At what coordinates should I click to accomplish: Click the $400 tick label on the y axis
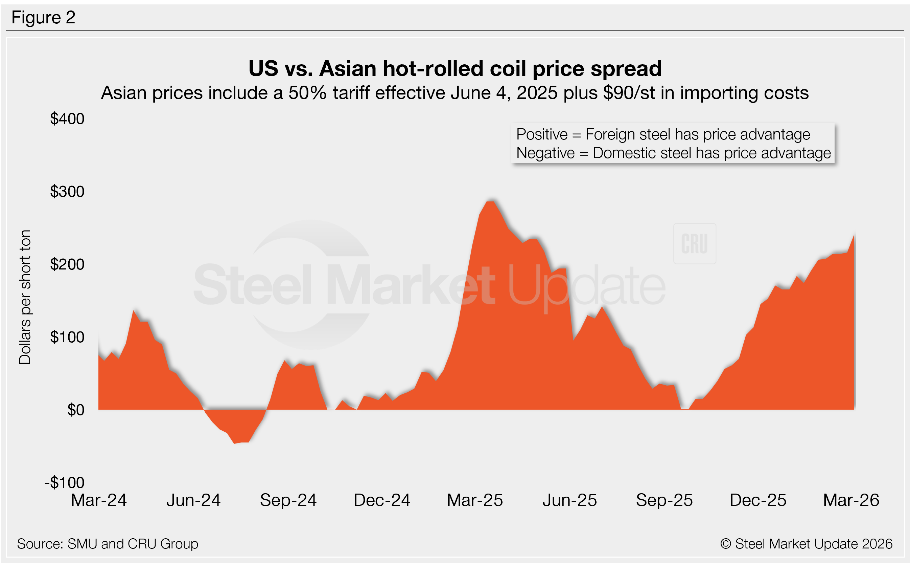coord(67,119)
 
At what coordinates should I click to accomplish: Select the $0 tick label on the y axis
coord(76,410)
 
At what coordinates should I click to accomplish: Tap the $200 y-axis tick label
coord(67,265)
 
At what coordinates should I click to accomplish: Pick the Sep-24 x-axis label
coord(288,500)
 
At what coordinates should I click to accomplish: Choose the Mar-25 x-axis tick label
coord(475,500)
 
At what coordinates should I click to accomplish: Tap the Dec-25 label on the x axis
coord(758,500)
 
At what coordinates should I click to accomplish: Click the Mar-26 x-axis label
coord(851,500)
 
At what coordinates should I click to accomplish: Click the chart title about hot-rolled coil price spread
coord(455,69)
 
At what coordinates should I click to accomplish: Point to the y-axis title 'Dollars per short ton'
coord(25,297)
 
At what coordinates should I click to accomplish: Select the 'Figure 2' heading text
coord(44,18)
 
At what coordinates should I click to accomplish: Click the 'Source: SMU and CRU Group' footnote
coord(108,544)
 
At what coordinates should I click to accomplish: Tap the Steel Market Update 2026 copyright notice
coord(806,544)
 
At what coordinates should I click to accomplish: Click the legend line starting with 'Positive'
coord(663,134)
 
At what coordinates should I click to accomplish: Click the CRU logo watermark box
coord(695,244)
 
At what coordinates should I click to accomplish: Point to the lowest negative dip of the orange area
coord(235,443)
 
